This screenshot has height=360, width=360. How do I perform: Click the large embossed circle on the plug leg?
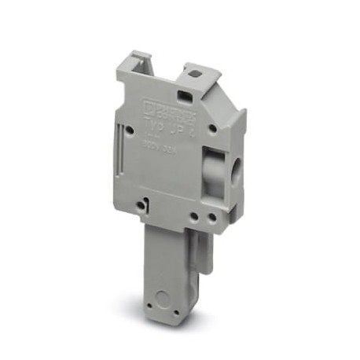163,301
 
